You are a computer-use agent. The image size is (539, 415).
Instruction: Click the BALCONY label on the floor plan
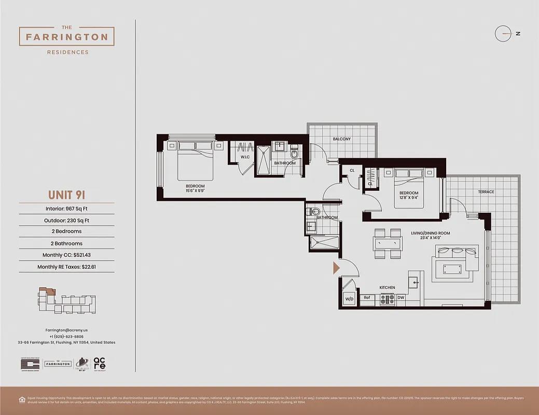[342, 139]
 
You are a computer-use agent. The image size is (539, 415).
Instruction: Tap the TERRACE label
[486, 192]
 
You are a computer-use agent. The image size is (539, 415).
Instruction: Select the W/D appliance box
[349, 299]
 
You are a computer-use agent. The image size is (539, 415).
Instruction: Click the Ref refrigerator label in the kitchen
[367, 298]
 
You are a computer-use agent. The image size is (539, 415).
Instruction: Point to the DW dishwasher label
[400, 298]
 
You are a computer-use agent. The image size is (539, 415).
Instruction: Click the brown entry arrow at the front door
[336, 268]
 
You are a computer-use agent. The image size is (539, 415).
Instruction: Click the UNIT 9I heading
[66, 195]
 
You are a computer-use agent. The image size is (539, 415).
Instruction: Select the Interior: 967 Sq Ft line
[67, 209]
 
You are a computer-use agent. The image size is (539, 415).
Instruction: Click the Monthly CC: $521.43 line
[67, 255]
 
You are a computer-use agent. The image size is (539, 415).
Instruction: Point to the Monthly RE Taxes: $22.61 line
[67, 267]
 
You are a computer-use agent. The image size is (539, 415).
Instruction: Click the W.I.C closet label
[245, 157]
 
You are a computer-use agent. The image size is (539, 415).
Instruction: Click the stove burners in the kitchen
[388, 299]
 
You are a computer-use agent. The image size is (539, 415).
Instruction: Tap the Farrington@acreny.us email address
[66, 330]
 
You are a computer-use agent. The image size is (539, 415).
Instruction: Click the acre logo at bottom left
[100, 364]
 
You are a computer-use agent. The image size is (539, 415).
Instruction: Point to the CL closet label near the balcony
[352, 170]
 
